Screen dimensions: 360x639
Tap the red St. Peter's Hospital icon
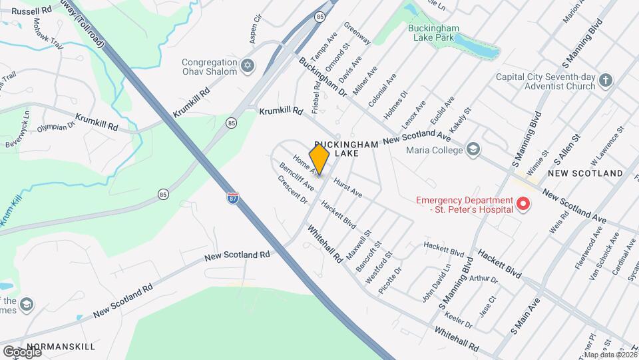coord(523,204)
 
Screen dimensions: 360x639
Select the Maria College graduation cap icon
coord(473,149)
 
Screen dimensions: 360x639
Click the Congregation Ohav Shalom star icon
coord(248,66)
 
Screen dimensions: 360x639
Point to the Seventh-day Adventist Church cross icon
coord(605,81)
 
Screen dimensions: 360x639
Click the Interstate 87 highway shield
coord(232,198)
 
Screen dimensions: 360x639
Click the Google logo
coord(22,351)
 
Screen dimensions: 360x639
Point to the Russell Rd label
coord(32,11)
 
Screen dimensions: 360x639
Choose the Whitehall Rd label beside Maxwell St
coord(325,243)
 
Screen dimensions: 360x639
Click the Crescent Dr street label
coord(293,190)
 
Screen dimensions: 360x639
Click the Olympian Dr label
coord(56,127)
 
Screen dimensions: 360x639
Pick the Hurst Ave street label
coord(347,187)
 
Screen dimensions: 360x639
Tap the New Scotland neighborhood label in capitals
coord(585,173)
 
